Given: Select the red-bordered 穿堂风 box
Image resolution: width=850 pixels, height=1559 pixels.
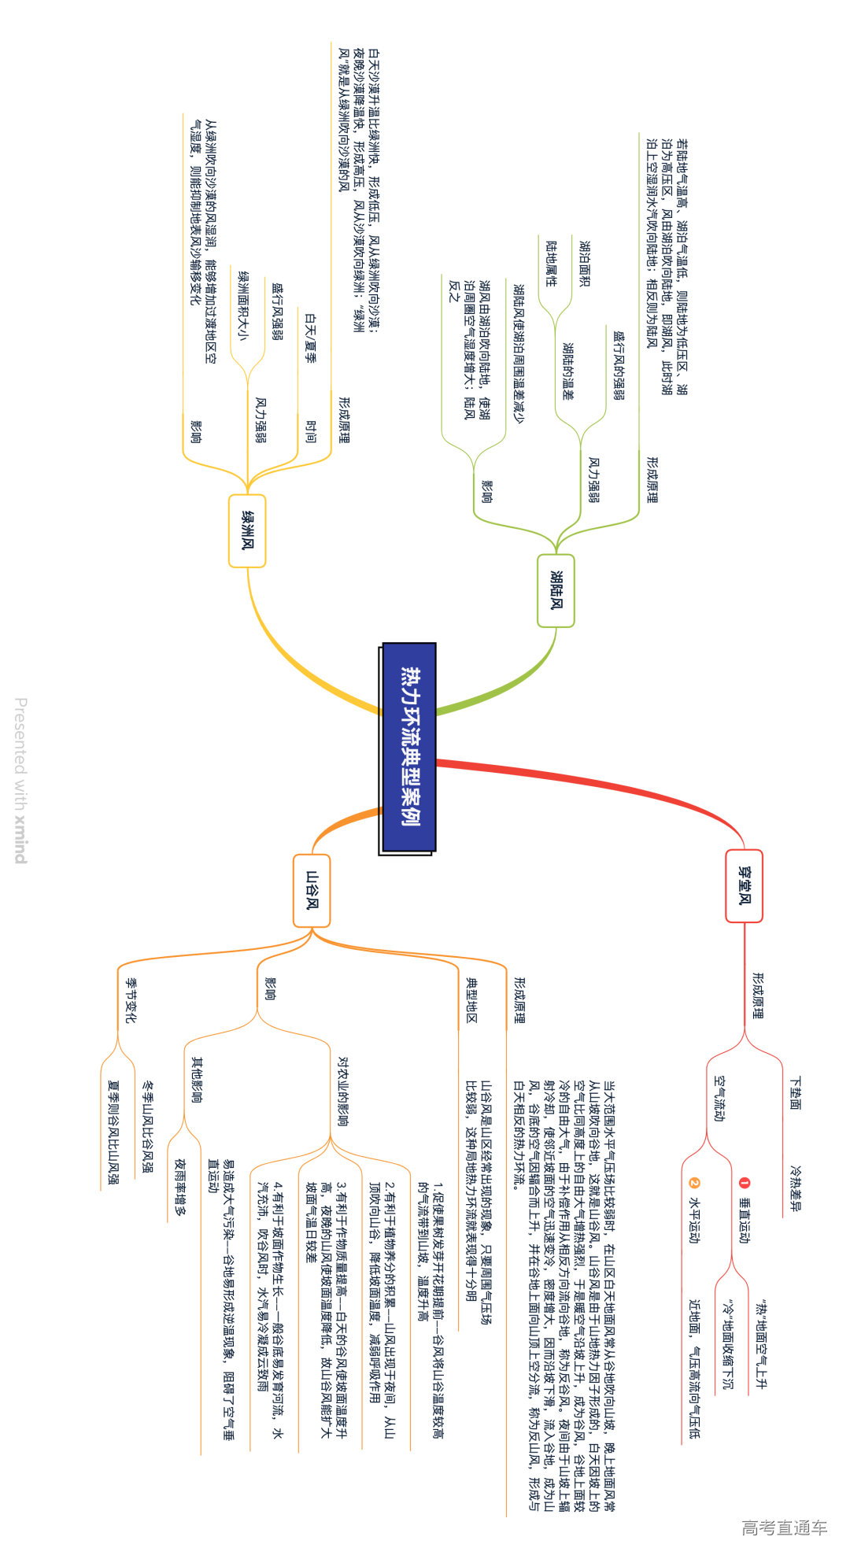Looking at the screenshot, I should point(744,885).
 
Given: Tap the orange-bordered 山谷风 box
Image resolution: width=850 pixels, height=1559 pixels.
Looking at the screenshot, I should point(312,890).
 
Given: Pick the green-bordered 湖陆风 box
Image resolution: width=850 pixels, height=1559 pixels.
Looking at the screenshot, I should point(556,590).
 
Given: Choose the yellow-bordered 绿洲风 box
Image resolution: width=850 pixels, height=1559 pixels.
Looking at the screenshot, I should point(247,530).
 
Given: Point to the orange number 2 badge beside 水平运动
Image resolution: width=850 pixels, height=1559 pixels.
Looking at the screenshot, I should point(693,1182).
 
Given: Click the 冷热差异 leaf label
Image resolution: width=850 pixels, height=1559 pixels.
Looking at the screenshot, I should point(795,1188).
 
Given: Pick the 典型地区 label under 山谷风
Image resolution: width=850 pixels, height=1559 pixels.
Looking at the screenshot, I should point(471,999).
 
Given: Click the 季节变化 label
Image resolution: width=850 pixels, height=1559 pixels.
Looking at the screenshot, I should point(131,999).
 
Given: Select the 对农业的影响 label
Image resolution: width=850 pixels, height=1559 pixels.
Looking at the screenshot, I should point(343,1091).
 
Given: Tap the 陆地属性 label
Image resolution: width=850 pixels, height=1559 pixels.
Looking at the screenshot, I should point(551,264).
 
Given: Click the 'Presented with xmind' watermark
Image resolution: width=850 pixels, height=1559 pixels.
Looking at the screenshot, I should point(21,779).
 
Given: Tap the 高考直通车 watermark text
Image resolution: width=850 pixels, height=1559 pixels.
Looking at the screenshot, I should point(784,1527).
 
